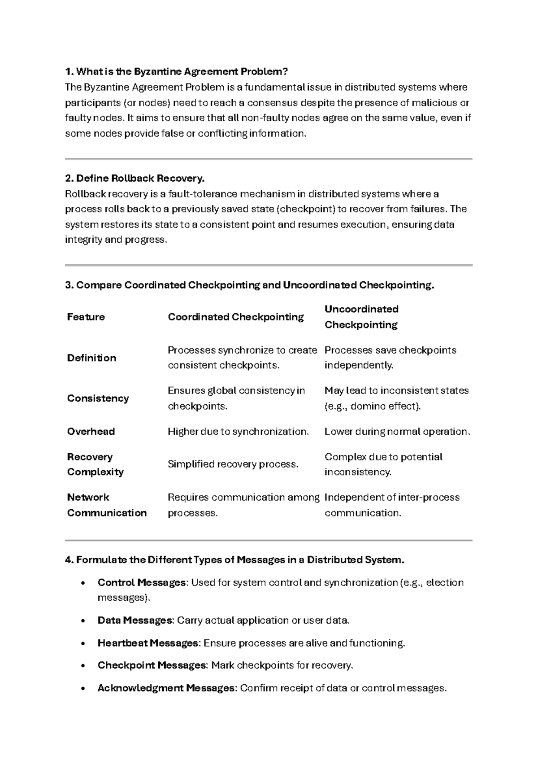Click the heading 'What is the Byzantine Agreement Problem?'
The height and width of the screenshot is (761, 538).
coord(176,72)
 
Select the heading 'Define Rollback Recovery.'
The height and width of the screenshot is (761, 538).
coord(134,179)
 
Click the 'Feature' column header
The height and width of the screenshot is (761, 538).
coord(86,317)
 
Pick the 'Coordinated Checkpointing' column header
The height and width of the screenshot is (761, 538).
coord(235,317)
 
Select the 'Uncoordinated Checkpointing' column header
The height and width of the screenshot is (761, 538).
coord(361,317)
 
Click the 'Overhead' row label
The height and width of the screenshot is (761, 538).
coord(91,432)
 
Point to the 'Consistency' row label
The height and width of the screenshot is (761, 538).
coord(98,398)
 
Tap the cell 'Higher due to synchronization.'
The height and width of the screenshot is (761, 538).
coord(238,432)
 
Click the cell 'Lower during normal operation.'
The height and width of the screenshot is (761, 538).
coord(397,432)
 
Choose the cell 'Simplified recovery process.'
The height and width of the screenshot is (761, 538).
coord(233,464)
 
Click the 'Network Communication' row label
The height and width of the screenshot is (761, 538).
coord(107,505)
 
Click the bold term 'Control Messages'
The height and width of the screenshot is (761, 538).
coord(142,583)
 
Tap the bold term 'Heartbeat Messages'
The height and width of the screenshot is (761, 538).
coord(148,643)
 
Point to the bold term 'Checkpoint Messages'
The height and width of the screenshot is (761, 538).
coord(152,665)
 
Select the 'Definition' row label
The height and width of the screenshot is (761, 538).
coord(91,358)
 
